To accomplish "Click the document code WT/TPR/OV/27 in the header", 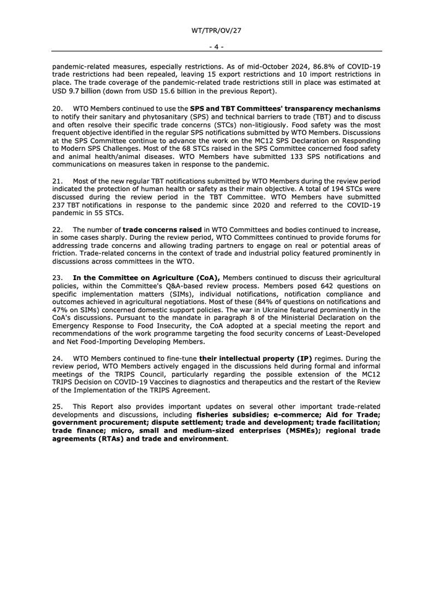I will click(x=216, y=30).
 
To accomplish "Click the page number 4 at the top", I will click(x=216, y=46).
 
